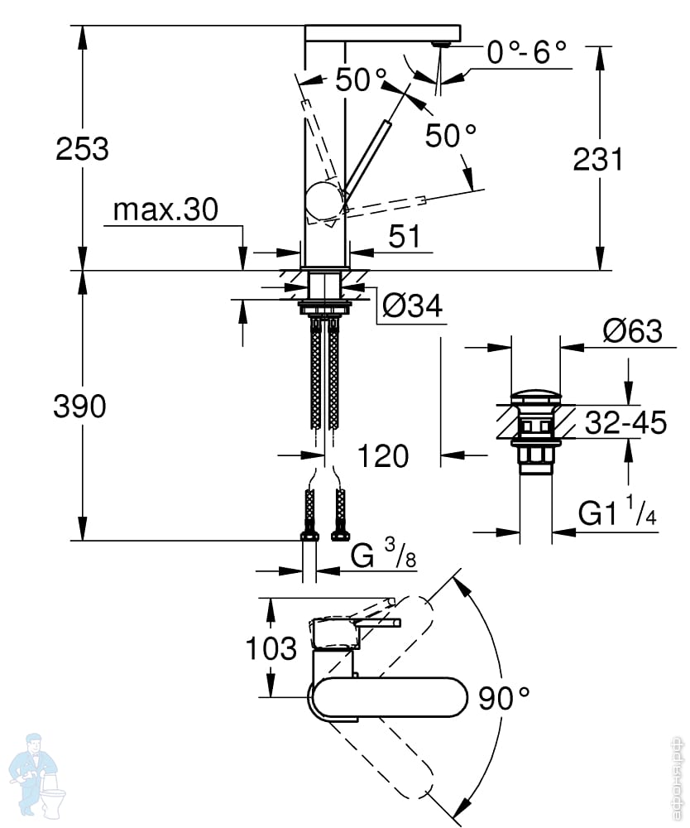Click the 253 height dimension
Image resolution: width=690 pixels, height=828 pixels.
82,148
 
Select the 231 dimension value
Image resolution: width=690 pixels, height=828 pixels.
598,159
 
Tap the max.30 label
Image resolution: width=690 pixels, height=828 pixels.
165,209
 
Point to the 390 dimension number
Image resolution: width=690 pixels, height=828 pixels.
79,407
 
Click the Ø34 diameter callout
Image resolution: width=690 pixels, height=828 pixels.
413,306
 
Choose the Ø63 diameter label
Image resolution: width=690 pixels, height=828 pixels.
632,331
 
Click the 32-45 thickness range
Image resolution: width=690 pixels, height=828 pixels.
625,422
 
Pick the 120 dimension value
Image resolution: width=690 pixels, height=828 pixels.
383,455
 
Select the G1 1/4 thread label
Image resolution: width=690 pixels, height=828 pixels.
617,511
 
